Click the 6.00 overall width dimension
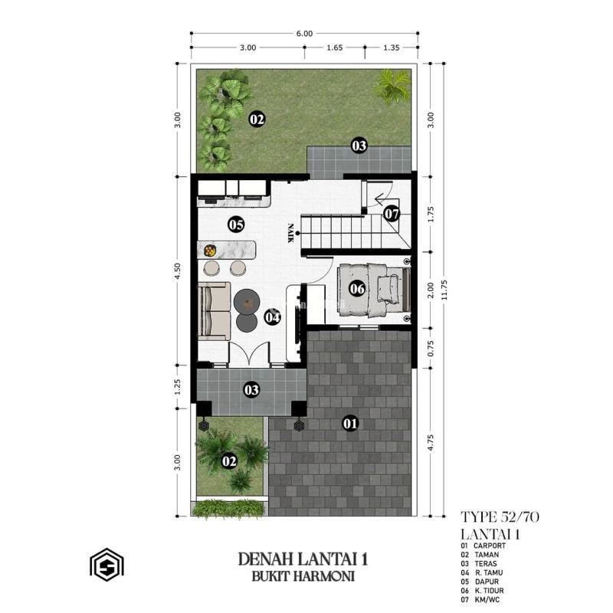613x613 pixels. (x=304, y=33)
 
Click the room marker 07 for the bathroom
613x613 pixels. (x=392, y=214)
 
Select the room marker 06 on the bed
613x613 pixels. (x=357, y=289)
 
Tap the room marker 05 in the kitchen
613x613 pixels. (x=235, y=225)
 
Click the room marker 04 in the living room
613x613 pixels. (x=272, y=316)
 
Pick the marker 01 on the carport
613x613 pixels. (x=350, y=422)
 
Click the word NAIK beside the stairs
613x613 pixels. (x=291, y=232)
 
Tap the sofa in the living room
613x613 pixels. (x=214, y=311)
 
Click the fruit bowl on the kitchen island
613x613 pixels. (x=209, y=250)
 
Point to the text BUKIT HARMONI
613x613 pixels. (x=303, y=575)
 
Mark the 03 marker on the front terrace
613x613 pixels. (x=251, y=390)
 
